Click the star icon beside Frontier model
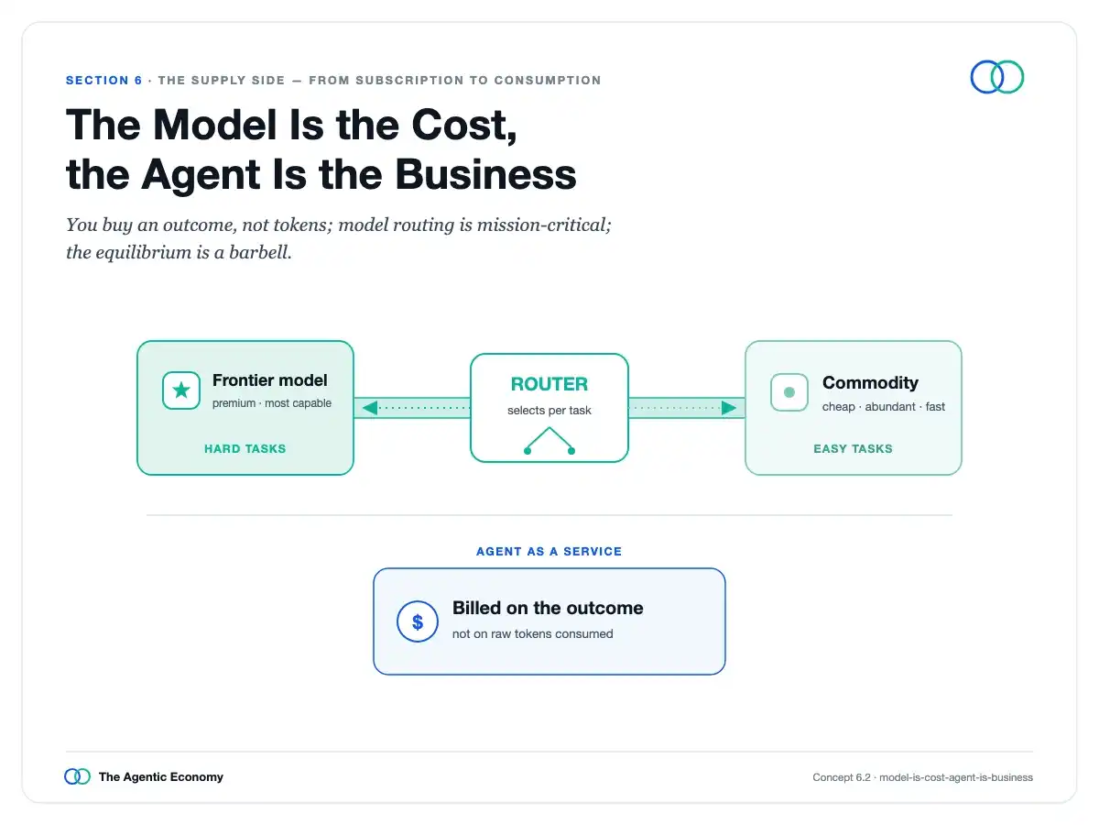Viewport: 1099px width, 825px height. tap(181, 390)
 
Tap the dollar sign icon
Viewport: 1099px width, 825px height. tap(417, 621)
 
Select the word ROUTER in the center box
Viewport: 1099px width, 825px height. tap(549, 384)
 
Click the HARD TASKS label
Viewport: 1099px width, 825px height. tap(245, 449)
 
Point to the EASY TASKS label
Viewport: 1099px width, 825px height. tap(853, 449)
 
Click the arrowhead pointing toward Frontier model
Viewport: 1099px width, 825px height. tap(369, 408)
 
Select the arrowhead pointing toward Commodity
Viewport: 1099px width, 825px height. tap(729, 408)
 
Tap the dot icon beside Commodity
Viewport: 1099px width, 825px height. tap(789, 392)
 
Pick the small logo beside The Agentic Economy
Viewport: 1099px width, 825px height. tap(78, 776)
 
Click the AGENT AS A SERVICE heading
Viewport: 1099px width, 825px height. tap(549, 552)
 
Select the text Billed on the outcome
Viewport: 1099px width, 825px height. tap(548, 608)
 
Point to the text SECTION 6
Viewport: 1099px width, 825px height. tap(104, 80)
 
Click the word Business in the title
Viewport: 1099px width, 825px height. tap(485, 174)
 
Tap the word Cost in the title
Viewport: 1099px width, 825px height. tap(464, 126)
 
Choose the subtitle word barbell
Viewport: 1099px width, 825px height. tap(260, 252)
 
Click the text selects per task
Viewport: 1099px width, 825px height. tap(549, 411)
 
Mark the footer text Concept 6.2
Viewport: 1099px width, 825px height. tap(841, 777)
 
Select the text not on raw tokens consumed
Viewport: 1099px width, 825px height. tap(532, 633)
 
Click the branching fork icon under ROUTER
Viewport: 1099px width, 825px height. tap(549, 441)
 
